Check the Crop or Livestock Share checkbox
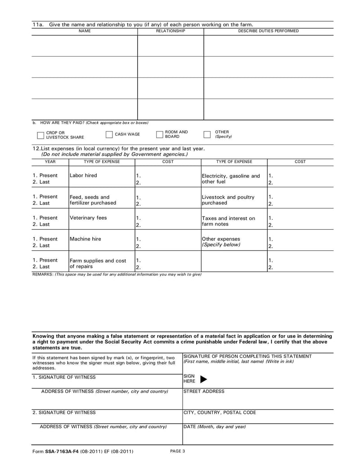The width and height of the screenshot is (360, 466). click(x=40, y=135)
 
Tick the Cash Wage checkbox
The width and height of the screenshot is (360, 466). click(x=109, y=134)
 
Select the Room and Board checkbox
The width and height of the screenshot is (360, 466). click(x=159, y=134)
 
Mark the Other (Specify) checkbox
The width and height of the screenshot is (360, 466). click(x=207, y=134)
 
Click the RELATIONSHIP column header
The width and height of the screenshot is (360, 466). click(x=170, y=31)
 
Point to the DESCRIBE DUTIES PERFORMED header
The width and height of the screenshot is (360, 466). click(x=268, y=31)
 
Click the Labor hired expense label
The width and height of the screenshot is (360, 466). click(x=83, y=176)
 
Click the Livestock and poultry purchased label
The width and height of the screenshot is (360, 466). click(x=228, y=200)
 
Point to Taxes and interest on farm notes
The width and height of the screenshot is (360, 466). click(x=228, y=221)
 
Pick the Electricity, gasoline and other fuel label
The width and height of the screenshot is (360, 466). click(x=230, y=179)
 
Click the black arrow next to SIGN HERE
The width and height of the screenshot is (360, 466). click(x=203, y=380)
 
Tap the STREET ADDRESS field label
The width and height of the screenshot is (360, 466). click(x=204, y=392)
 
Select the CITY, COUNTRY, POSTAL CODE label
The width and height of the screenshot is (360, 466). click(x=220, y=412)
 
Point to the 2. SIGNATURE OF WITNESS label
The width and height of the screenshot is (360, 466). click(x=64, y=412)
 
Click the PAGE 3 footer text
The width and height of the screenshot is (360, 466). click(x=178, y=451)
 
